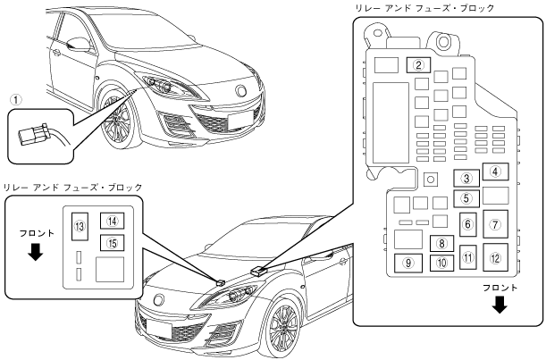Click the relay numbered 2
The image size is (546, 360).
coord(419,64)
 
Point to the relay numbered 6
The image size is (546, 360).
coord(467,223)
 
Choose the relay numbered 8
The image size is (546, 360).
coord(441,242)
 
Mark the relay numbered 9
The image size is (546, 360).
coord(408,264)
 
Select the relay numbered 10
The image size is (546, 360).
coord(441,264)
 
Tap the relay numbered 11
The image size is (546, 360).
coord(467,259)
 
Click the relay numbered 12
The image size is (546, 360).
coord(496,257)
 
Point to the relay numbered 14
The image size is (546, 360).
coord(112,221)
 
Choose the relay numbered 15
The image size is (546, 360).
coord(112,241)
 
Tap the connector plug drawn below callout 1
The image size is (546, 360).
coord(33,135)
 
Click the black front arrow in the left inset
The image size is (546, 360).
coord(35,253)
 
